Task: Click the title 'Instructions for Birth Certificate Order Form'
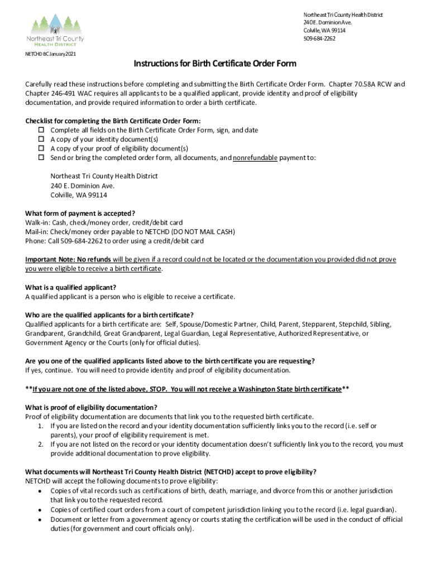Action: coord(214,64)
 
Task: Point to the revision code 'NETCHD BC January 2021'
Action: coord(51,54)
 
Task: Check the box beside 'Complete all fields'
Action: coord(41,130)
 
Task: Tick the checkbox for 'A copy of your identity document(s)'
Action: coord(41,139)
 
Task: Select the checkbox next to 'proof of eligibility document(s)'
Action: coord(41,149)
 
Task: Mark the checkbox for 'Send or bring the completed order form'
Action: coord(41,158)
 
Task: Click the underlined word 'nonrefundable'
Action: coord(255,158)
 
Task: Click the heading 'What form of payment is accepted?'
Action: coord(80,213)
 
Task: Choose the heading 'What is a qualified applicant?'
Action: coord(71,287)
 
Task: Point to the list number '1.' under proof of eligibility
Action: coord(41,426)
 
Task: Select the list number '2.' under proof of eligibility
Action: coord(41,444)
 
